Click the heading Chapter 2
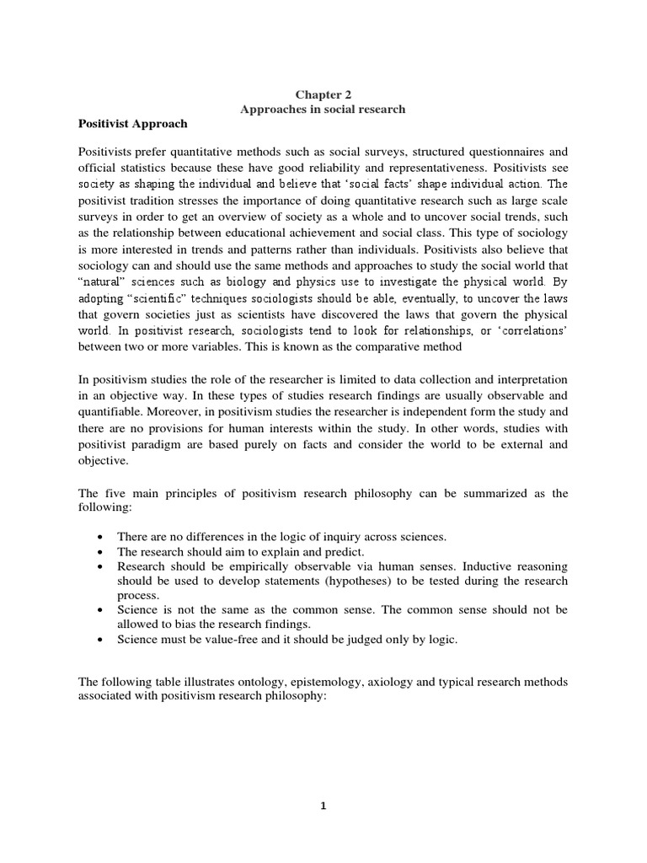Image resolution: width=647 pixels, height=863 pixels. [x=323, y=94]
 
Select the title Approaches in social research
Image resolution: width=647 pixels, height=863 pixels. [x=323, y=109]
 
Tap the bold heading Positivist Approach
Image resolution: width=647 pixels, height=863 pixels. [x=133, y=123]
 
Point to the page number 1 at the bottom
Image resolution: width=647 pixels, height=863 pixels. [x=323, y=806]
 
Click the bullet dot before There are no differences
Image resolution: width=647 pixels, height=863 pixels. [x=101, y=537]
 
